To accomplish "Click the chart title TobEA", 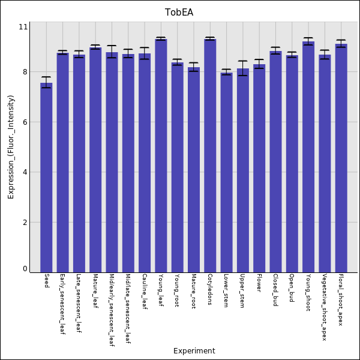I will (x=179, y=13).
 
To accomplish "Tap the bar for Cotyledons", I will (x=210, y=155).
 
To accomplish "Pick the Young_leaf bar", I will (x=161, y=155).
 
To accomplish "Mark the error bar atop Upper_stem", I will (x=242, y=68).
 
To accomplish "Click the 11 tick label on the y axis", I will (x=23, y=27).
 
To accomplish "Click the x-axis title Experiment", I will (x=194, y=351).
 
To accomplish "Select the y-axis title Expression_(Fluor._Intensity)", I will (x=11, y=147).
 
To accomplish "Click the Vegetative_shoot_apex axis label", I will (x=325, y=307).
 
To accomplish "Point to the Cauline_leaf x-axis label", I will (x=145, y=292).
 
